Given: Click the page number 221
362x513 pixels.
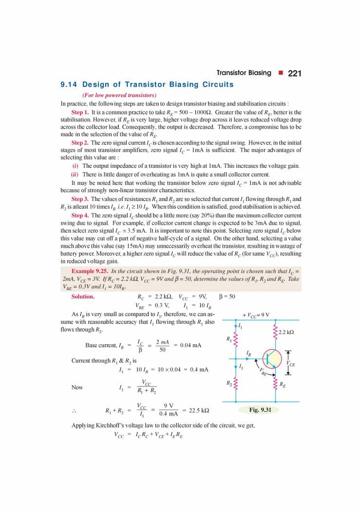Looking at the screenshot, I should click(295, 73).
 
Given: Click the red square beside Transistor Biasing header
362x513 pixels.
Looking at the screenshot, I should click(281, 73).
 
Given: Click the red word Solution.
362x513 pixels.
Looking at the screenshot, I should click(83, 296).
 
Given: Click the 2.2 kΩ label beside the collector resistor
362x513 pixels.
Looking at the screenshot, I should click(286, 333).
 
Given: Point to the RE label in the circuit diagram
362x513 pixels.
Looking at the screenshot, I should click(282, 384).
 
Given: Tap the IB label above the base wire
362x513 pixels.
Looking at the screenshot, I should click(249, 352).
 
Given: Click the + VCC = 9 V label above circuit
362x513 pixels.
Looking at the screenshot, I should click(256, 315).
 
